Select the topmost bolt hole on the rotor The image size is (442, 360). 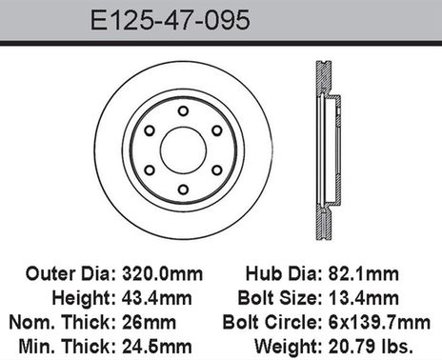pos(183,110)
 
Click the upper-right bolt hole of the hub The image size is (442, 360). pos(217,130)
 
